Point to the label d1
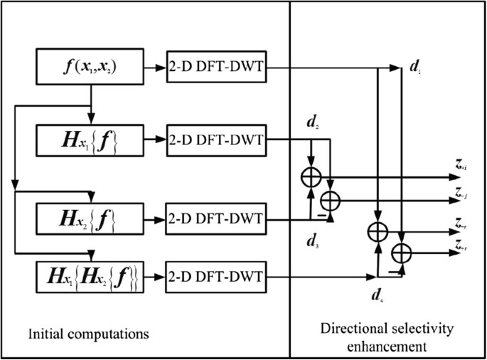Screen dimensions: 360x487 (416, 69)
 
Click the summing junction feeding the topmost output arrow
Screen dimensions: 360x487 (311, 175)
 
